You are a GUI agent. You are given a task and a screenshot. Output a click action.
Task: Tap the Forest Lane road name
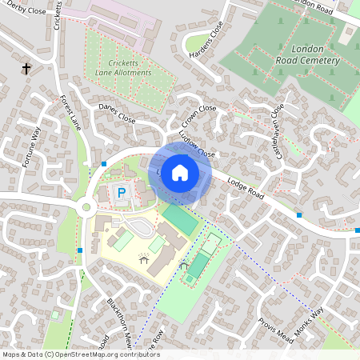tap(70, 112)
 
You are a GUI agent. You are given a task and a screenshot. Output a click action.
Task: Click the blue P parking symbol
tap(122, 193)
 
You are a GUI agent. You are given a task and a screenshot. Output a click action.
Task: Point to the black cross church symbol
tap(26, 70)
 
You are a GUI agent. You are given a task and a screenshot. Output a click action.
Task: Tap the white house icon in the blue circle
tap(180, 173)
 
